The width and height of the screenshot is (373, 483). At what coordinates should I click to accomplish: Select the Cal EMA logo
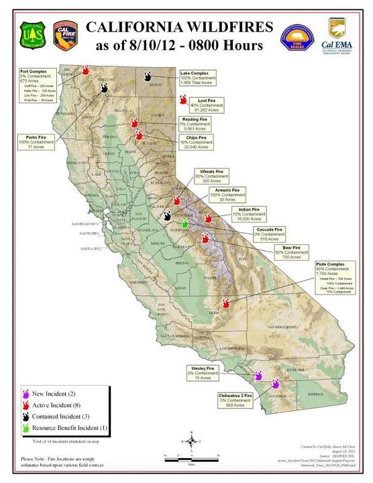(x=337, y=34)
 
